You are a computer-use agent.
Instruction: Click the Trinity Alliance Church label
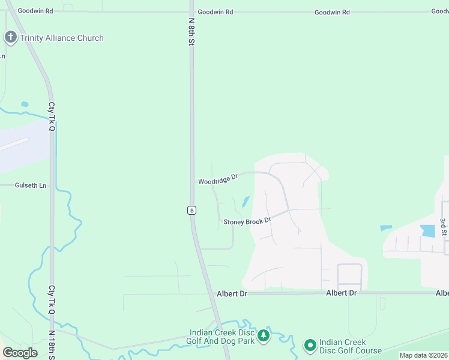pos(61,38)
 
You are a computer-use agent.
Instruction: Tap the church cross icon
pos(10,37)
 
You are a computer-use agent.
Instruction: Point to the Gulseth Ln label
pos(31,186)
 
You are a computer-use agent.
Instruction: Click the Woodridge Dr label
pos(218,179)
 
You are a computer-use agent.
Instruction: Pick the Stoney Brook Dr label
pos(247,221)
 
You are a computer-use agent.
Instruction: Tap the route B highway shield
pos(191,210)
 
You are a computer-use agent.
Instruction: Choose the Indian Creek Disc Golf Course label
pos(351,346)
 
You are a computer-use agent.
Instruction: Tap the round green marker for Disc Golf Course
pos(310,345)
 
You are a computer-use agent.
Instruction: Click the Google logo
pos(20,353)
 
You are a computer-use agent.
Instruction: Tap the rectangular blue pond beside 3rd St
pos(428,230)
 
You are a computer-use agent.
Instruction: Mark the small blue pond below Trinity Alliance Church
pos(25,104)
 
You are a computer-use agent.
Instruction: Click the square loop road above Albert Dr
pos(349,275)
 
